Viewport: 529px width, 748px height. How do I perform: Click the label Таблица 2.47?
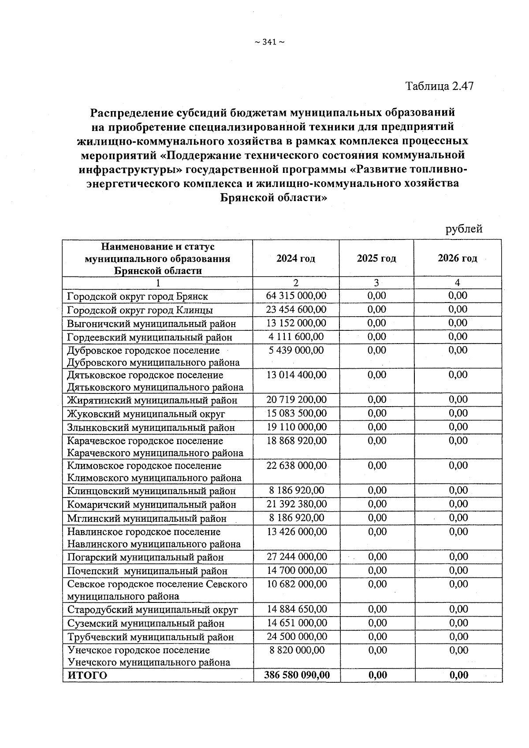pyautogui.click(x=439, y=86)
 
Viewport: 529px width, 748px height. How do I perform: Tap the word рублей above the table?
pyautogui.click(x=464, y=229)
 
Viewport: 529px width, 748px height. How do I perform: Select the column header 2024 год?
pyautogui.click(x=296, y=258)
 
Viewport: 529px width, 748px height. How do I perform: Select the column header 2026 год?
pyautogui.click(x=457, y=258)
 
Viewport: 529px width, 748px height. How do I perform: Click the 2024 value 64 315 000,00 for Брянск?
pyautogui.click(x=296, y=295)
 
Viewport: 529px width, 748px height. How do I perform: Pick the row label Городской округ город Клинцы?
pyautogui.click(x=140, y=310)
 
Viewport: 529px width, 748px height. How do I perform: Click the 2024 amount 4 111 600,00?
pyautogui.click(x=296, y=337)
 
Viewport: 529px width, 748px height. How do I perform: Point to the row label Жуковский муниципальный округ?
pyautogui.click(x=146, y=414)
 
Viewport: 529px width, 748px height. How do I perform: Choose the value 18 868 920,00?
pyautogui.click(x=296, y=441)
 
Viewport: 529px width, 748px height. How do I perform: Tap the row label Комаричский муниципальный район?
pyautogui.click(x=152, y=505)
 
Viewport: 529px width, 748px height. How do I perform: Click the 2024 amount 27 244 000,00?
pyautogui.click(x=297, y=557)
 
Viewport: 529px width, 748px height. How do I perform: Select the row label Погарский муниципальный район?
pyautogui.click(x=145, y=557)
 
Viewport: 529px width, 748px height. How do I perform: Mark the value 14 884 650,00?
pyautogui.click(x=297, y=609)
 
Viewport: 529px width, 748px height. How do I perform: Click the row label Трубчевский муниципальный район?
pyautogui.click(x=150, y=637)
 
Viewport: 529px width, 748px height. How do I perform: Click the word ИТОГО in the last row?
pyautogui.click(x=87, y=675)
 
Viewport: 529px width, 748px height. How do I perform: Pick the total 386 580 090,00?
pyautogui.click(x=297, y=675)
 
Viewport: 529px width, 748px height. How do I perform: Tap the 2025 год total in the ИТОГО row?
pyautogui.click(x=377, y=675)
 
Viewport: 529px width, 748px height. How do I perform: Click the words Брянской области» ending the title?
pyautogui.click(x=273, y=198)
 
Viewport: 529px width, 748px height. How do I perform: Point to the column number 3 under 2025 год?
pyautogui.click(x=376, y=283)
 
